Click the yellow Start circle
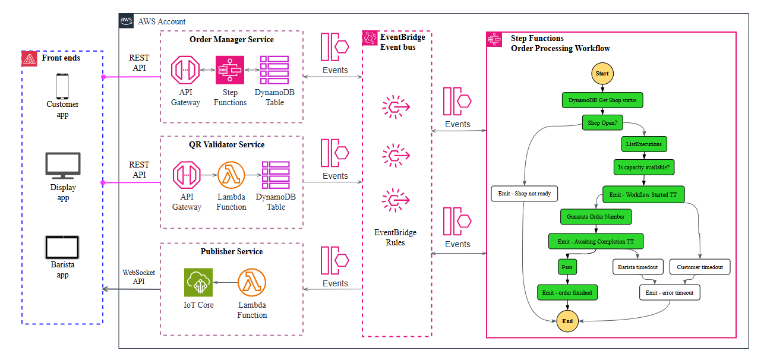(602, 74)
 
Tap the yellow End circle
(567, 321)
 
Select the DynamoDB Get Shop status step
(602, 100)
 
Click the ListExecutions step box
(643, 144)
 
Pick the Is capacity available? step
(643, 168)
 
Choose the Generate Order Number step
(595, 216)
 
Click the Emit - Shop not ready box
(525, 194)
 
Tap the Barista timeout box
(639, 267)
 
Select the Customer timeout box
(699, 267)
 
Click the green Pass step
(567, 267)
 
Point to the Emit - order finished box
(567, 292)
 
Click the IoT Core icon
(198, 283)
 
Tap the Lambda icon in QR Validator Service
(231, 176)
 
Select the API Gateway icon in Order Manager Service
(185, 70)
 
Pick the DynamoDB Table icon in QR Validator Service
(276, 176)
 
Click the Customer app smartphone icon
(62, 86)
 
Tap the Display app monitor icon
(62, 166)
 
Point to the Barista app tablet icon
(62, 247)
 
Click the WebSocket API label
(138, 277)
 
